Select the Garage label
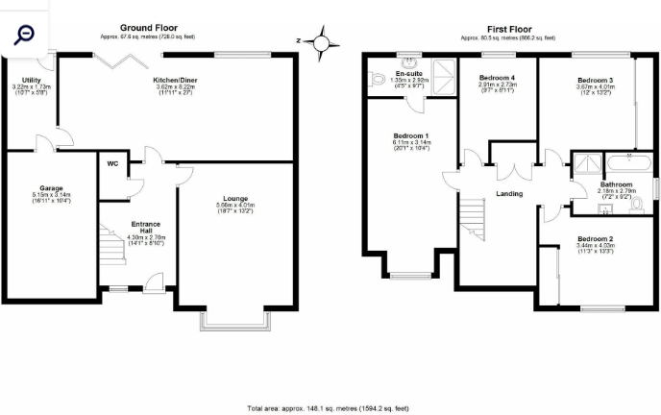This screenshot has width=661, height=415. pyautogui.click(x=51, y=188)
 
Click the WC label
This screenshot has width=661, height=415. pyautogui.click(x=112, y=164)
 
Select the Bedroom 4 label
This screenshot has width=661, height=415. pyautogui.click(x=497, y=78)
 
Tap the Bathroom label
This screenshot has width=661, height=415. pyautogui.click(x=616, y=183)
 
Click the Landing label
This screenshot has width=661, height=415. pyautogui.click(x=509, y=193)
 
